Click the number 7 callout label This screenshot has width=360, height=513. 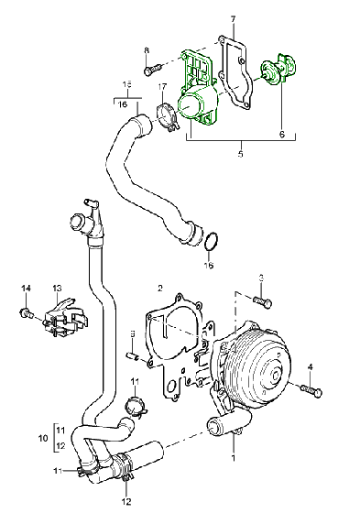(233, 19)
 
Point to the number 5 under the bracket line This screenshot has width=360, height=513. (241, 153)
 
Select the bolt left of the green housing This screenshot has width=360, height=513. (151, 67)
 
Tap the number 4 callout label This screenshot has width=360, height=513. (311, 367)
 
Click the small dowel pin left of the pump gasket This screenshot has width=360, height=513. (132, 353)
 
